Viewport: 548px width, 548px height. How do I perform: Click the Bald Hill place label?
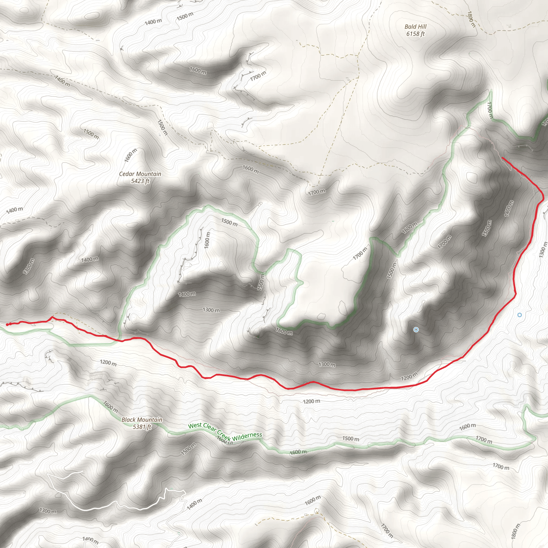click(x=415, y=27)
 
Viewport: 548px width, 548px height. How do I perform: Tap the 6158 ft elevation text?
click(x=415, y=34)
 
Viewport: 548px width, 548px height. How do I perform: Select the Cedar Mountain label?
click(x=140, y=174)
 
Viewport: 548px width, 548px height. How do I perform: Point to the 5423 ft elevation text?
click(x=140, y=181)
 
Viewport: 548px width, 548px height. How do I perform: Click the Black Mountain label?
click(x=142, y=420)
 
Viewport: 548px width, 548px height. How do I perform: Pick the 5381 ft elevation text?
click(x=142, y=427)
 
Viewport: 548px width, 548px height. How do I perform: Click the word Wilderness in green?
click(x=247, y=437)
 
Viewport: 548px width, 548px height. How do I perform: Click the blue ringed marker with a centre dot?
click(x=416, y=330)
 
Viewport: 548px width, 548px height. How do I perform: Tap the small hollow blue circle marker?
click(x=519, y=315)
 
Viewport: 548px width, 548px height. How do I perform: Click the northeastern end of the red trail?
click(x=503, y=158)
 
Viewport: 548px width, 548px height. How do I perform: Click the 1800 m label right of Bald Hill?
click(x=471, y=19)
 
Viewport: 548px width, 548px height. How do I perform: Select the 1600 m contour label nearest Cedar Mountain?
click(x=131, y=155)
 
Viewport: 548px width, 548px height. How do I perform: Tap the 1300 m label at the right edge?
click(x=543, y=250)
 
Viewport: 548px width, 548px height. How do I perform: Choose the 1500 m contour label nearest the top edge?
click(x=185, y=16)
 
